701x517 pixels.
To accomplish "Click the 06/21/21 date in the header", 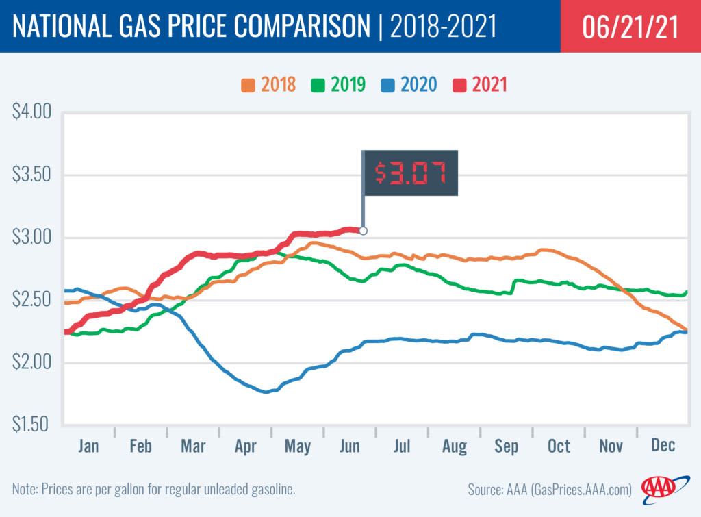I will click(x=630, y=27).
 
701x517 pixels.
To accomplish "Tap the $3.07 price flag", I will click(x=409, y=173).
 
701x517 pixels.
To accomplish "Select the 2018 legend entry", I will click(x=268, y=86).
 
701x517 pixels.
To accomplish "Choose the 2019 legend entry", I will click(x=338, y=86).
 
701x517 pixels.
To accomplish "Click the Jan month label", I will click(x=88, y=446).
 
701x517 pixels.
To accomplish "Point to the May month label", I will click(x=297, y=446).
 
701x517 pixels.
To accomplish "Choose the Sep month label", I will click(x=507, y=446).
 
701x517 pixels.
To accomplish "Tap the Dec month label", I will click(x=663, y=446).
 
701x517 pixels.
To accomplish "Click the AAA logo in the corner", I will click(x=659, y=488).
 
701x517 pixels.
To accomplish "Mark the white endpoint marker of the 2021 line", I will click(x=363, y=231).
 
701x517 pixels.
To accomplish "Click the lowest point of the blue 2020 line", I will click(x=266, y=392).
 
